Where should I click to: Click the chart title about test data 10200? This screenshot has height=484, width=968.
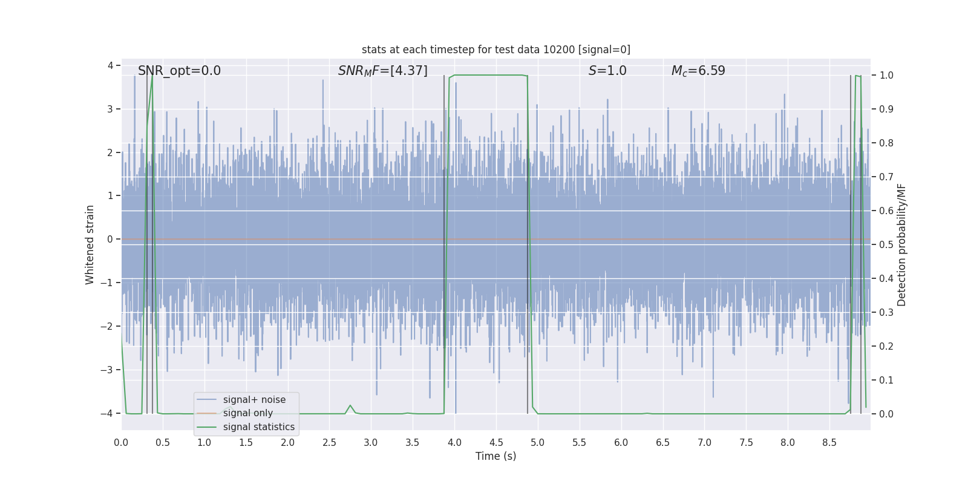pos(495,50)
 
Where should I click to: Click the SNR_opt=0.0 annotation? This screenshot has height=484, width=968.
pos(179,71)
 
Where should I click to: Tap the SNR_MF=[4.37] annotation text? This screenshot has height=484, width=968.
pos(382,71)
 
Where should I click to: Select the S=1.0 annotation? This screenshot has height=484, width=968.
pos(607,71)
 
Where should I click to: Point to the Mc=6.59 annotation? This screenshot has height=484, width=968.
pos(698,71)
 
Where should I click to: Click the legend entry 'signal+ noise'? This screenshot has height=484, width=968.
pos(254,400)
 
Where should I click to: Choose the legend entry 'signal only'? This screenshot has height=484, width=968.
pos(247,413)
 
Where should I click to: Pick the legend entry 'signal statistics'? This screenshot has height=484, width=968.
pos(258,427)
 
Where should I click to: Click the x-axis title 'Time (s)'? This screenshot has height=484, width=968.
pos(495,456)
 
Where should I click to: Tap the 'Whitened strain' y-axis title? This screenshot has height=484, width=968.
pos(90,244)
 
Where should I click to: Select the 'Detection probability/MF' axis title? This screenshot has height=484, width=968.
pos(901,244)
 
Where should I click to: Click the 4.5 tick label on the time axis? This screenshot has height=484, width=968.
pos(495,443)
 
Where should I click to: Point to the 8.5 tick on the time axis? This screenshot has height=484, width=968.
pos(829,443)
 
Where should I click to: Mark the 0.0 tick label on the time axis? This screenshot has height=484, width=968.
pos(121,443)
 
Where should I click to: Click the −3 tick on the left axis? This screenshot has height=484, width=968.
pos(110,370)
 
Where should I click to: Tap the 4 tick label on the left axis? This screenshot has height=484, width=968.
pos(111,65)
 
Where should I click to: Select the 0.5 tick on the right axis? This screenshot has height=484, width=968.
pos(886,244)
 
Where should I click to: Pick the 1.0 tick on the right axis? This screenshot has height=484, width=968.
pos(886,76)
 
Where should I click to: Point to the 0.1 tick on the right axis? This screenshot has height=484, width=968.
pos(886,380)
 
